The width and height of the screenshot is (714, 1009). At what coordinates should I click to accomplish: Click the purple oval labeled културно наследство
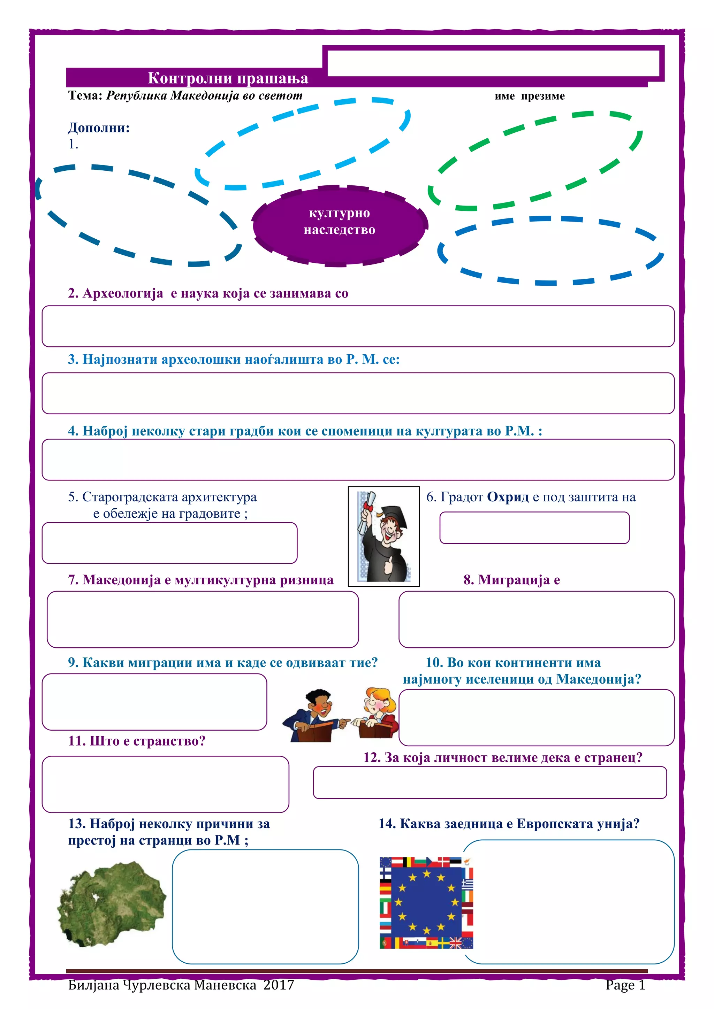[x=340, y=225]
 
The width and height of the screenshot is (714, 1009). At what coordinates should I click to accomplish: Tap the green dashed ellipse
[x=535, y=161]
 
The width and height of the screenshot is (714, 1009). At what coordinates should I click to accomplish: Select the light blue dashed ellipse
[x=303, y=143]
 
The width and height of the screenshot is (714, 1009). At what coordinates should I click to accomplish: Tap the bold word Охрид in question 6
[x=508, y=497]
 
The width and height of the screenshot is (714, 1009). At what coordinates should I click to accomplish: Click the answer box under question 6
[x=534, y=527]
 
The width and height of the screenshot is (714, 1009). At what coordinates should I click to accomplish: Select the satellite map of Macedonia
[x=112, y=905]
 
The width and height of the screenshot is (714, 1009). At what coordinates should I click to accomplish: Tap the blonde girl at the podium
[x=378, y=713]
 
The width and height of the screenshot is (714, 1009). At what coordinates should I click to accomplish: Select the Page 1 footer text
[x=625, y=985]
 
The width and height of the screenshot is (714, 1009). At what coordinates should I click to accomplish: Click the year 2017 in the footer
[x=279, y=985]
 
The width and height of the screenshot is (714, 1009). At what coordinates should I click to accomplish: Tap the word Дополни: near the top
[x=98, y=128]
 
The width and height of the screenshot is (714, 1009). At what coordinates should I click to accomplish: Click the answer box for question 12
[x=489, y=782]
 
